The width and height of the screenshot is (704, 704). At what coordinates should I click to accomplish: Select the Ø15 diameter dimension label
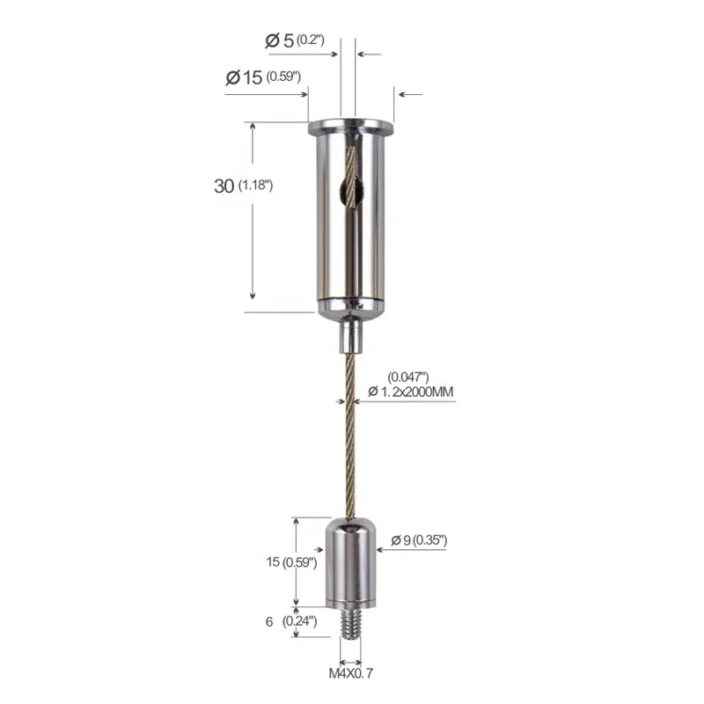click(x=264, y=77)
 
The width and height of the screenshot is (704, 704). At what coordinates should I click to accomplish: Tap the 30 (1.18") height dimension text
click(x=246, y=186)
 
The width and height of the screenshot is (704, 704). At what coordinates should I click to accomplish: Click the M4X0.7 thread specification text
click(x=349, y=673)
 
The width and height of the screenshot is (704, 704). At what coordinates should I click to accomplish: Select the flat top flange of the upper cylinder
click(x=349, y=123)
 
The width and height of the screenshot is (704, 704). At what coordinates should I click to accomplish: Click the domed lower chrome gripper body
click(x=350, y=559)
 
